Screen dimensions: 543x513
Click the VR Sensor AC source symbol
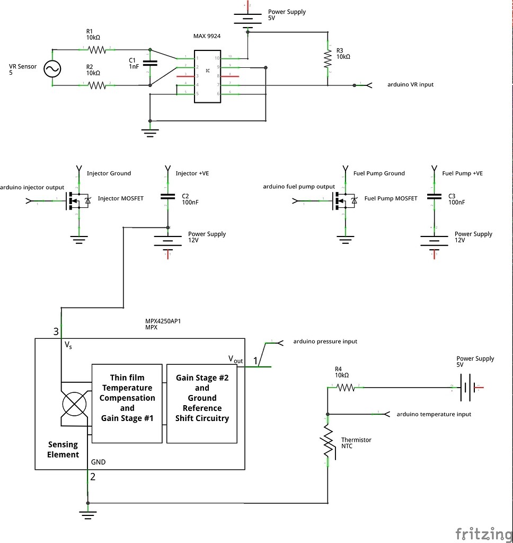coord(52,68)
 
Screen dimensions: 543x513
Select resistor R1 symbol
coord(97,50)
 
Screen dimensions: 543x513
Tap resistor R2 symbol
coord(97,85)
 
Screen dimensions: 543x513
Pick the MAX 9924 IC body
coord(207,76)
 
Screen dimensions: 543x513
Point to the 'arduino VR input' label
coord(410,84)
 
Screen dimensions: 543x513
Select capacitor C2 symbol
coord(168,197)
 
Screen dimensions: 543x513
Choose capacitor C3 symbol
coord(434,197)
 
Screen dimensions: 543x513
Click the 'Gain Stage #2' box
coord(202,403)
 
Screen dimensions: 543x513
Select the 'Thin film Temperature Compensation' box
coord(127,403)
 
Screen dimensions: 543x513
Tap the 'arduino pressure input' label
coord(325,341)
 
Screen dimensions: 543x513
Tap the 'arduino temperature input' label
coord(434,414)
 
